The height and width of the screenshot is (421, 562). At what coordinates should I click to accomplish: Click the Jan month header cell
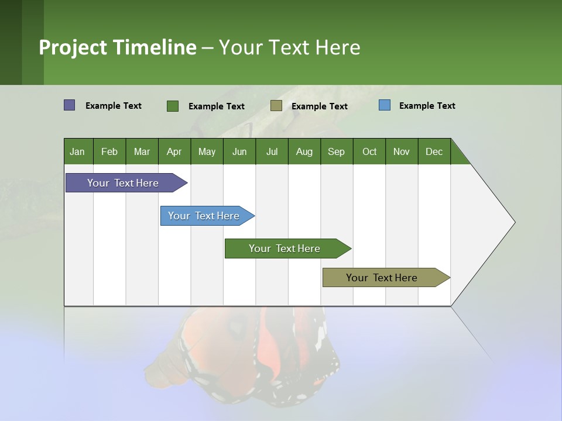point(78,151)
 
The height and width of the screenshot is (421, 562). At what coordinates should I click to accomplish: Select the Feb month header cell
point(109,151)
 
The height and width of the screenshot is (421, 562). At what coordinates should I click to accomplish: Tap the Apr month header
point(174,151)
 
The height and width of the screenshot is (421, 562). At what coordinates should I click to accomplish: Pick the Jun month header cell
point(239,151)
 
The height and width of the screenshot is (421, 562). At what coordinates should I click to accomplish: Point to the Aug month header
point(304,151)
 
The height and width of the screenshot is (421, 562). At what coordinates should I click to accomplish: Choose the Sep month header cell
point(337,151)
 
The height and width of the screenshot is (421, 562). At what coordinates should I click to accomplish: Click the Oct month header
point(369,151)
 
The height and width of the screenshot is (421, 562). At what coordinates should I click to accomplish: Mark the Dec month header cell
point(434,151)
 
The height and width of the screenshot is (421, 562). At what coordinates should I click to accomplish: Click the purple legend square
point(70,105)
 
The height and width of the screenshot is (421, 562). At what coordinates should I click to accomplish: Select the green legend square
point(173,106)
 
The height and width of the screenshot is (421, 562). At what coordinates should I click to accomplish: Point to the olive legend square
point(276,106)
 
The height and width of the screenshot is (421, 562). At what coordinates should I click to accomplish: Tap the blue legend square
point(385,105)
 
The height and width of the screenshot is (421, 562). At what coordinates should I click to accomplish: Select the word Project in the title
point(73,47)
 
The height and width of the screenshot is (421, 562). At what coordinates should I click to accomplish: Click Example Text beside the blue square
point(427,106)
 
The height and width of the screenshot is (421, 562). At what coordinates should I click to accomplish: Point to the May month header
point(207,151)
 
